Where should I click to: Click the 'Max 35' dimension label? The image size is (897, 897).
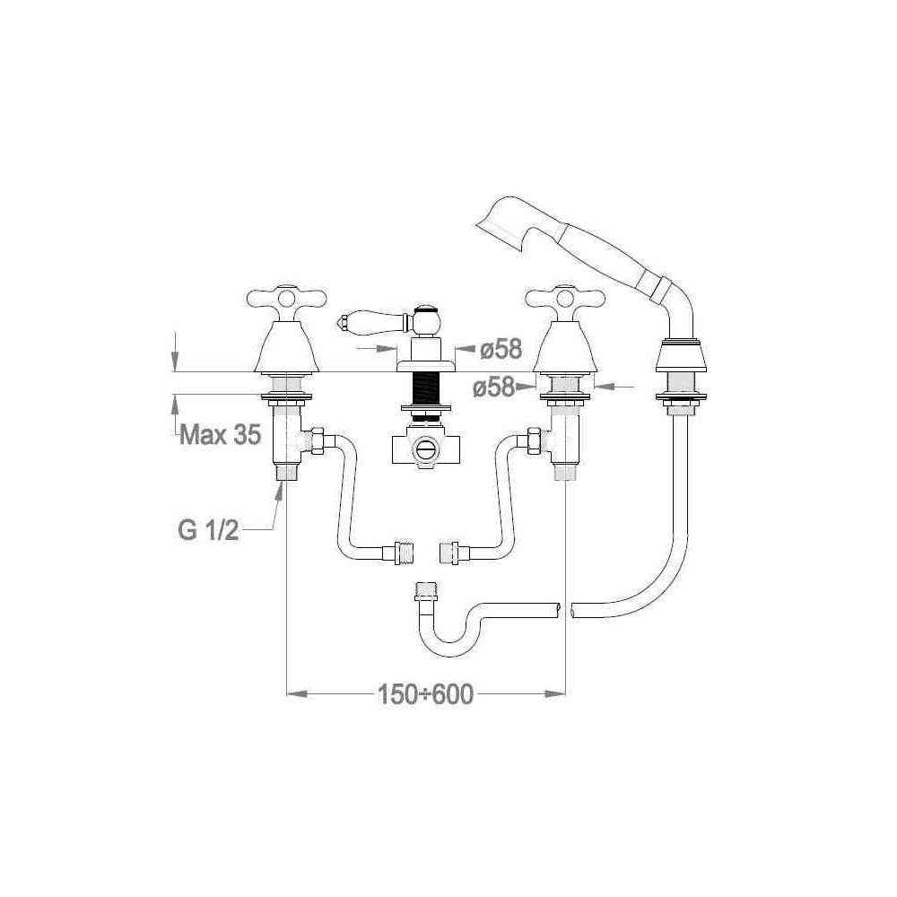click(x=221, y=435)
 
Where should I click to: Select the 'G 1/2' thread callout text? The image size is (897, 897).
click(x=208, y=530)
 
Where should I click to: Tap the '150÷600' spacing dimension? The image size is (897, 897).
click(x=425, y=694)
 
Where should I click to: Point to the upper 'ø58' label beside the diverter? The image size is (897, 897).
click(x=501, y=349)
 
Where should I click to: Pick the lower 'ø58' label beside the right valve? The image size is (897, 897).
click(x=493, y=388)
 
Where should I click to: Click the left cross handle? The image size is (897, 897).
click(x=286, y=298)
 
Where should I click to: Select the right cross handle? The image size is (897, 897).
click(x=565, y=298)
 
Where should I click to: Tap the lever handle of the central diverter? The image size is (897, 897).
click(x=373, y=321)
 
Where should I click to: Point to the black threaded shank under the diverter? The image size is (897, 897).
click(x=425, y=388)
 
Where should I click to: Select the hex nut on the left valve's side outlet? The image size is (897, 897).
click(x=317, y=441)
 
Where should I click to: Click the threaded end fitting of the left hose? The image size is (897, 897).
click(x=404, y=553)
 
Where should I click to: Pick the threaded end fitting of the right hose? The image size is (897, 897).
click(x=450, y=553)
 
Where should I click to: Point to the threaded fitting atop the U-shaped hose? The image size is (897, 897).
click(x=424, y=593)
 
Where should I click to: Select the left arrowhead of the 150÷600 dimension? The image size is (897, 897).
click(x=297, y=694)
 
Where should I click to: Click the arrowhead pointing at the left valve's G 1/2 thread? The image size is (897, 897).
click(x=280, y=492)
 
